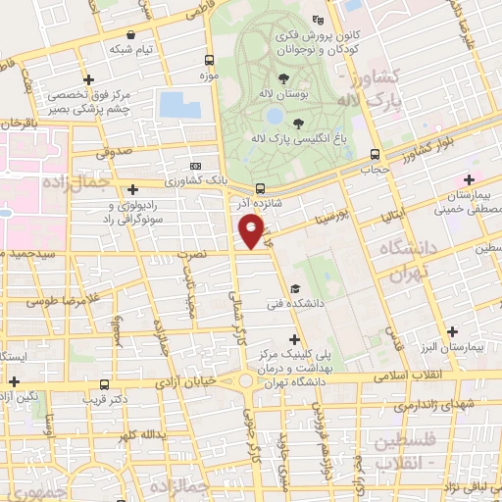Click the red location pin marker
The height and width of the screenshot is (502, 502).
252,230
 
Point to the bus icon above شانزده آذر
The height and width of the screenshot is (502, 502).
260,189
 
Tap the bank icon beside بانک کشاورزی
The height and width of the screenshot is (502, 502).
195,166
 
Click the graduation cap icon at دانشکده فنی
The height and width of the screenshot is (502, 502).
295,288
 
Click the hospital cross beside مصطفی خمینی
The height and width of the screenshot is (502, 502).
470,179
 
